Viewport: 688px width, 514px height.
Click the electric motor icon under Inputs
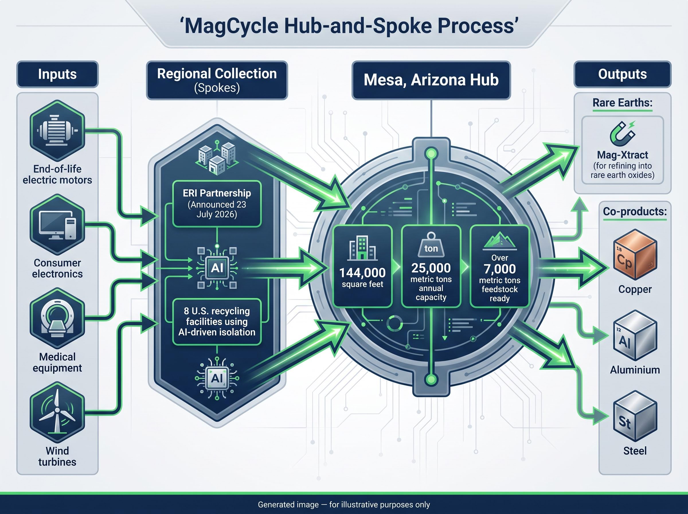(x=58, y=131)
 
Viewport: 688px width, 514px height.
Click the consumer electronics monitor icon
(x=58, y=225)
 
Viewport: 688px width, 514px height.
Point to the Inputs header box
(x=58, y=74)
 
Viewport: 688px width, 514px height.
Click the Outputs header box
(x=622, y=74)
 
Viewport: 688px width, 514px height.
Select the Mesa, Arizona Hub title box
(x=431, y=80)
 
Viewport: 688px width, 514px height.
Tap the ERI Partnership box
(x=217, y=204)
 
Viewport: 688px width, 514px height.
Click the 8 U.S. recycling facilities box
(x=217, y=322)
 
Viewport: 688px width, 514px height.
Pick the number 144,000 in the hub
(x=363, y=273)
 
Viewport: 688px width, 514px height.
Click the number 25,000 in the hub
(x=431, y=268)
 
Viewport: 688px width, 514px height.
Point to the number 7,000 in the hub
(x=500, y=269)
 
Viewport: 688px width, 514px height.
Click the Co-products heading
(x=635, y=212)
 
